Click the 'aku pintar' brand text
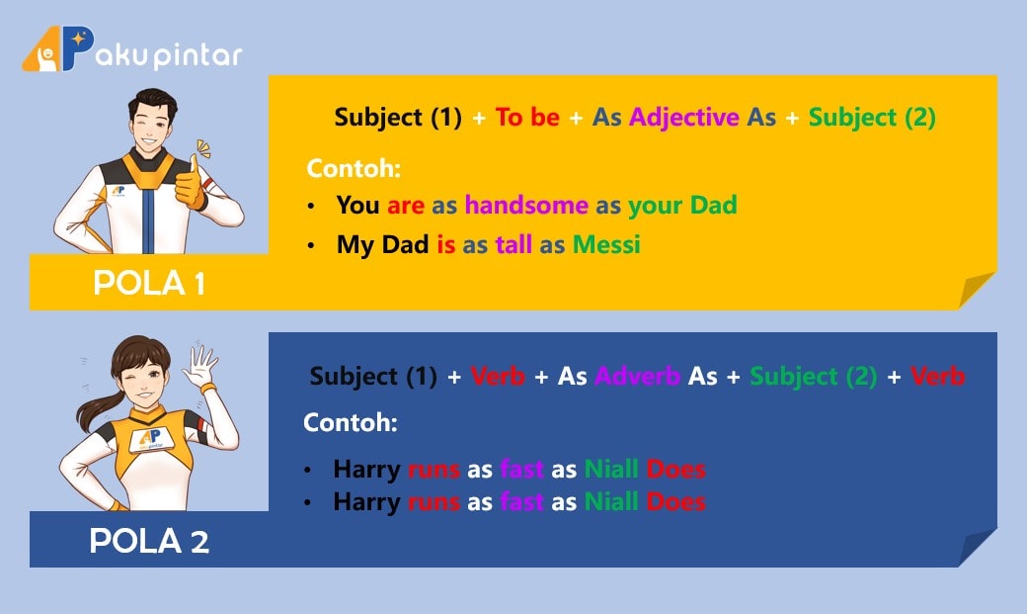pos(169,55)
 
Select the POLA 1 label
pos(149,283)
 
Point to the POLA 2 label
pos(149,541)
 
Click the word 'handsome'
pos(526,206)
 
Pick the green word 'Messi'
pos(606,244)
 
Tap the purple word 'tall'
pos(513,244)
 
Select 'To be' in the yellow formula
pos(527,117)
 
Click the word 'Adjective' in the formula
pos(683,118)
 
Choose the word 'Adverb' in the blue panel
pos(637,376)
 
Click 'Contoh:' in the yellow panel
pos(354,169)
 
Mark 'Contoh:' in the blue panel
pos(351,422)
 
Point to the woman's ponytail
pos(98,406)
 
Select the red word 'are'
pos(406,206)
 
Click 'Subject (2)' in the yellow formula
pos(872,118)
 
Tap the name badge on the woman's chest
pos(151,439)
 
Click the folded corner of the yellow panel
pos(976,289)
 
